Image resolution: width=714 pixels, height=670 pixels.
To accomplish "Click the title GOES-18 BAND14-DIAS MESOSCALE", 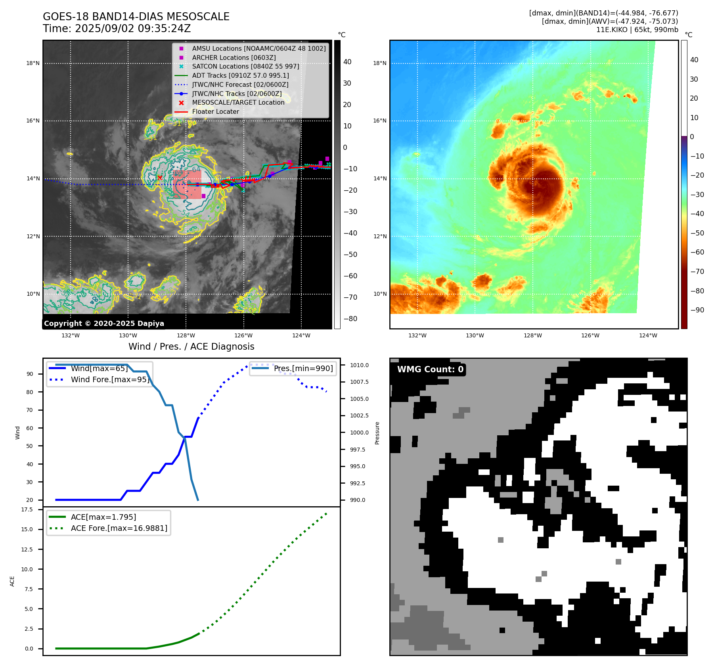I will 136,17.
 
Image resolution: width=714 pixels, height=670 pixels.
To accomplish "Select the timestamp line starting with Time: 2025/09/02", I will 117,29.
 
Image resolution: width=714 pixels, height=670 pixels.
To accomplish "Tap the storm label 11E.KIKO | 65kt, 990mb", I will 637,30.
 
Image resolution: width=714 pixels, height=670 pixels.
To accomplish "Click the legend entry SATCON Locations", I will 245,66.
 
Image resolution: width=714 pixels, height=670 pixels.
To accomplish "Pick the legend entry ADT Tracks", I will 240,75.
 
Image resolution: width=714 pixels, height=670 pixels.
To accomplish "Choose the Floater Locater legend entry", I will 215,112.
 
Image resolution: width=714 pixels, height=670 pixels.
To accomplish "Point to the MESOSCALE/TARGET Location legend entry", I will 238,103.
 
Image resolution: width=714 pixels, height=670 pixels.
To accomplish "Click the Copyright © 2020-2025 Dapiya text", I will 104,324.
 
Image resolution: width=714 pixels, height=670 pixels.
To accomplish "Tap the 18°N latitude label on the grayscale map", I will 33,63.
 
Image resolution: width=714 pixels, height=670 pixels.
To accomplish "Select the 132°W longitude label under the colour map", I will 417,335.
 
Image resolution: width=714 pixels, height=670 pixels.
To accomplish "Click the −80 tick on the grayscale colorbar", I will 350,319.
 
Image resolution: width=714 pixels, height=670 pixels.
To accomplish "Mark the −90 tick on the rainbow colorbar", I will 697,310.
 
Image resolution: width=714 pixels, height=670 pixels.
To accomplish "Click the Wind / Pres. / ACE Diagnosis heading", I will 191,346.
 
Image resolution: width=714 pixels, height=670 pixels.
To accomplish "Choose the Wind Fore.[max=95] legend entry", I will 110,380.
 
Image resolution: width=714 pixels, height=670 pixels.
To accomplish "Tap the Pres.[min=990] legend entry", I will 303,369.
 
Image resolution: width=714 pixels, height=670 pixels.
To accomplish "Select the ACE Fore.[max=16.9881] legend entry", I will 119,528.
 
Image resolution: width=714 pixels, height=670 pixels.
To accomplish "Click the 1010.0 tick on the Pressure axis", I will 359,365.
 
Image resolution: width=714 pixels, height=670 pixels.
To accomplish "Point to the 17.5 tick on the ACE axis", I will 27,509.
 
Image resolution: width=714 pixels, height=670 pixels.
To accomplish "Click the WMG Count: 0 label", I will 430,369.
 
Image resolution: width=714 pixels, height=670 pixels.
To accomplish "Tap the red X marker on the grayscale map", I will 160,178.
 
